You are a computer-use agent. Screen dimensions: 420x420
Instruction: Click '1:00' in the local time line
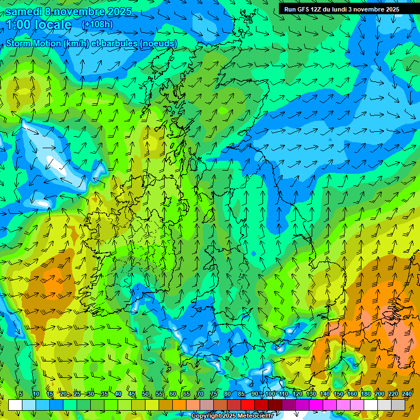pos(20,25)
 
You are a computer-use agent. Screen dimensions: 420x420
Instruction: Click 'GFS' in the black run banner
pos(304,9)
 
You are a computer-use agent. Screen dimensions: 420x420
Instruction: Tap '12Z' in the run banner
pos(320,9)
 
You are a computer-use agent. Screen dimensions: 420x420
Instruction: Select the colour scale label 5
pos(20,394)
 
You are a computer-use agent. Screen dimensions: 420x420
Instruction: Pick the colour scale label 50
pos(145,394)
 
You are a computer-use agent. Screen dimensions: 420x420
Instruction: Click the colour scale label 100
pos(269,394)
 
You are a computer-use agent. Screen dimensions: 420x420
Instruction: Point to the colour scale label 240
pos(406,394)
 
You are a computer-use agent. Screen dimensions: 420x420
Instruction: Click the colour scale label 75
pos(214,394)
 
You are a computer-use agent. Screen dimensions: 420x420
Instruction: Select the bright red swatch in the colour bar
pos(248,405)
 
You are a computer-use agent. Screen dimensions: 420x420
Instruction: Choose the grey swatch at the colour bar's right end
pos(398,405)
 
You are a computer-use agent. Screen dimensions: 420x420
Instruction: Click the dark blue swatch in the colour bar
pos(56,405)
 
